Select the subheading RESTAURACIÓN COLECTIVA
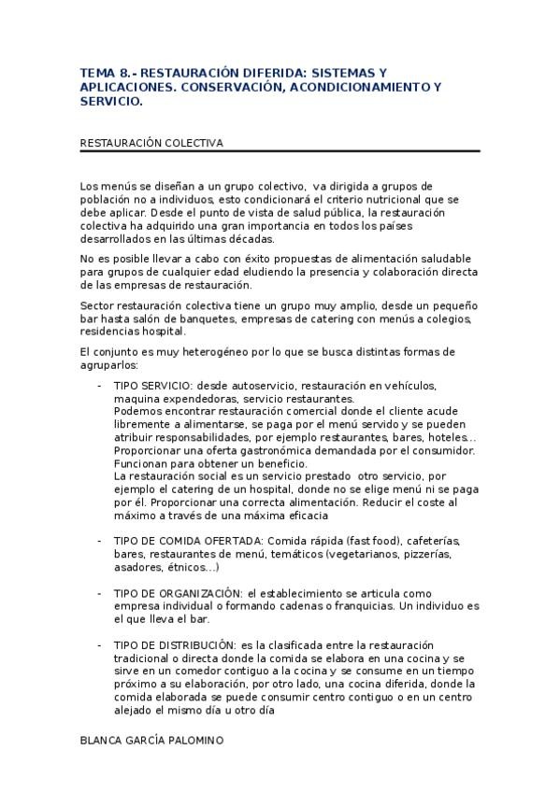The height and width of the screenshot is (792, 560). click(x=151, y=143)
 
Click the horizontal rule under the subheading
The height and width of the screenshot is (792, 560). click(x=280, y=151)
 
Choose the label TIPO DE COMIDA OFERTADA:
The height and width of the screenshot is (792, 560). click(x=190, y=541)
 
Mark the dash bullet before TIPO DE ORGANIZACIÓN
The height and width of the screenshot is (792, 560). click(x=100, y=593)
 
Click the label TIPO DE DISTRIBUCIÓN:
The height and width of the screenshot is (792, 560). click(x=175, y=644)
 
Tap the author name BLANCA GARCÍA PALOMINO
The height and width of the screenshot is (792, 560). click(x=151, y=739)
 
